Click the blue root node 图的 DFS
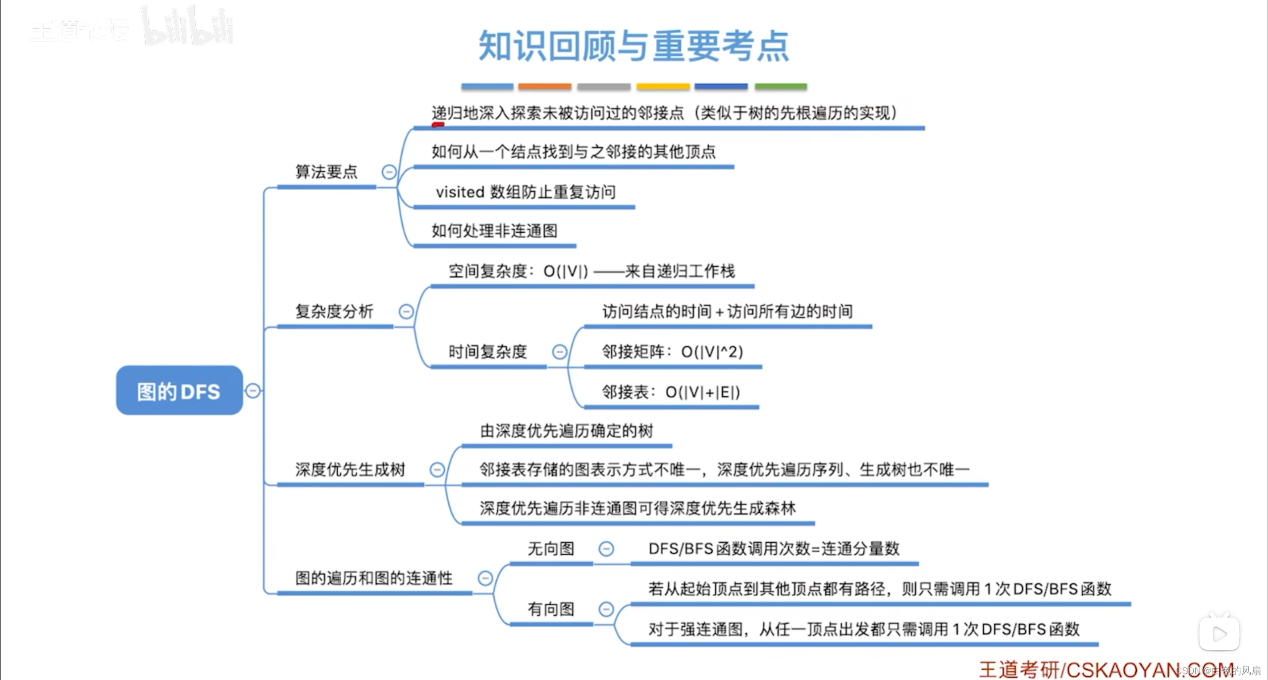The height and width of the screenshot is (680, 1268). pyautogui.click(x=179, y=391)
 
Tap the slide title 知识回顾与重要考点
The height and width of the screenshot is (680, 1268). pyautogui.click(x=634, y=46)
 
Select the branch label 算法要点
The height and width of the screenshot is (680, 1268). pyautogui.click(x=326, y=172)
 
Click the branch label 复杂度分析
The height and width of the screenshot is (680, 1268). pyautogui.click(x=334, y=312)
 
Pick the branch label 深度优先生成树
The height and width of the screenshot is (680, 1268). pyautogui.click(x=350, y=469)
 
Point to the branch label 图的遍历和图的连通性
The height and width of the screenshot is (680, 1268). pyautogui.click(x=374, y=578)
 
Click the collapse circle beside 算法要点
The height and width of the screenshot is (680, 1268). pyautogui.click(x=389, y=172)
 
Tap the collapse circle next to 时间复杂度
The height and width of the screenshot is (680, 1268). pyautogui.click(x=559, y=352)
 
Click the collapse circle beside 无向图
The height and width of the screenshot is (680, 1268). pyautogui.click(x=606, y=549)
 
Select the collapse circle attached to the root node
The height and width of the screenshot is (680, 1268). pyautogui.click(x=253, y=391)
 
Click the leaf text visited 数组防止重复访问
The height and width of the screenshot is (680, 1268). pyautogui.click(x=526, y=192)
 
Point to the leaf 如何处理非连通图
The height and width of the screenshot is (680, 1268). pyautogui.click(x=494, y=231)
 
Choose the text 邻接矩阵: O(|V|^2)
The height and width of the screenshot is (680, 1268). pyautogui.click(x=672, y=352)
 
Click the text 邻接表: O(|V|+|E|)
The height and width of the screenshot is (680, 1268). pyautogui.click(x=671, y=392)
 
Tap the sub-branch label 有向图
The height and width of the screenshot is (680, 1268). pyautogui.click(x=551, y=609)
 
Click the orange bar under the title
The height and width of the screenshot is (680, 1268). pyautogui.click(x=545, y=87)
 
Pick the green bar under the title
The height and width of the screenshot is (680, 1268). pyautogui.click(x=781, y=87)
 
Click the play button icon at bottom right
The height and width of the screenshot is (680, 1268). pyautogui.click(x=1219, y=633)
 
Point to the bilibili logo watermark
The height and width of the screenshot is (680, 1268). pyautogui.click(x=188, y=27)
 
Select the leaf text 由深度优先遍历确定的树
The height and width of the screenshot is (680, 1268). pyautogui.click(x=566, y=431)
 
